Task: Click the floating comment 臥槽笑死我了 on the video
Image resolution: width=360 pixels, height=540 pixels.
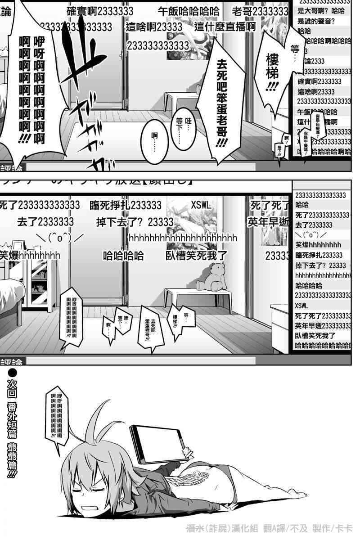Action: point(196,256)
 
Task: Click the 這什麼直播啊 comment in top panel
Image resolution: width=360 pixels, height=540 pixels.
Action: point(225,27)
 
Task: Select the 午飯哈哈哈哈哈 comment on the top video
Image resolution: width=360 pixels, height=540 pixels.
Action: point(189,11)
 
